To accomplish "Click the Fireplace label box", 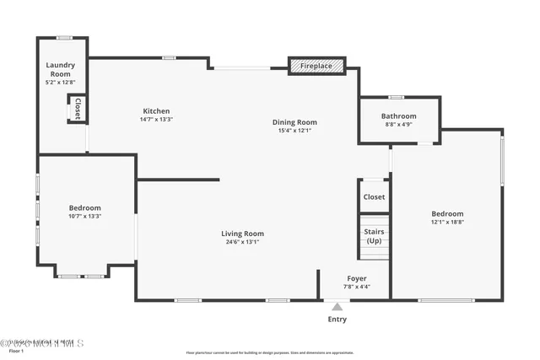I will point(316,66).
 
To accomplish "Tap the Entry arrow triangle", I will point(337,307).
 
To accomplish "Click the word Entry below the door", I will point(337,320).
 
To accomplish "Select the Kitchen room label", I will point(156,111).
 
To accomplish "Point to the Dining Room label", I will point(294,122).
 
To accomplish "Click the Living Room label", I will point(243,234).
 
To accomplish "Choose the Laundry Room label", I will point(61,69).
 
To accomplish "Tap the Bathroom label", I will point(398,116).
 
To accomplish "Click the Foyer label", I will point(357,278).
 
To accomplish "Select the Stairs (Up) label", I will point(373,235).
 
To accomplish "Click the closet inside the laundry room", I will point(77,109).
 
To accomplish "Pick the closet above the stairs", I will point(374,196).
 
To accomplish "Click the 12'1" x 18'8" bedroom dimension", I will point(447,223).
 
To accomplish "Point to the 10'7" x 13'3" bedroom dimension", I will point(84,217).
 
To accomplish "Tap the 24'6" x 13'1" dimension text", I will point(243,242).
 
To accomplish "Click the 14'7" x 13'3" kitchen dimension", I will point(156,120).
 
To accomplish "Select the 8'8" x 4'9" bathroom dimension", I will point(398,125).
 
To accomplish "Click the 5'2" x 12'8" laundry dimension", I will point(61,82).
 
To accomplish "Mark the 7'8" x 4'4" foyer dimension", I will point(357,287).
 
